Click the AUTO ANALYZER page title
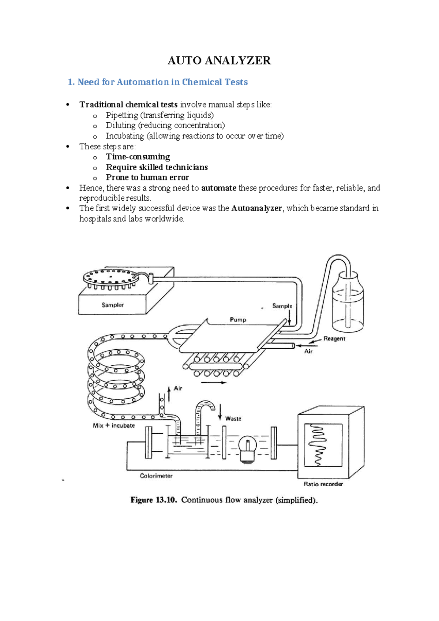pyautogui.click(x=219, y=60)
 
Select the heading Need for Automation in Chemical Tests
pyautogui.click(x=162, y=82)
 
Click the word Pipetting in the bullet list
pyautogui.click(x=122, y=115)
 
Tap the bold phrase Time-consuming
pyautogui.click(x=138, y=157)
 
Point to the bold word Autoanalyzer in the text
pyautogui.click(x=256, y=208)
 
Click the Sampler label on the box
pyautogui.click(x=112, y=305)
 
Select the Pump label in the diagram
pyautogui.click(x=238, y=320)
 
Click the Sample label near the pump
pyautogui.click(x=282, y=306)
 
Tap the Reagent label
pyautogui.click(x=334, y=338)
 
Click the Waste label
pyautogui.click(x=233, y=419)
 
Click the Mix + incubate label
pyautogui.click(x=114, y=425)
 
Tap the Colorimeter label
pyautogui.click(x=156, y=476)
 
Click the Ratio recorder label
pyautogui.click(x=323, y=484)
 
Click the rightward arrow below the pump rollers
pyautogui.click(x=214, y=383)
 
